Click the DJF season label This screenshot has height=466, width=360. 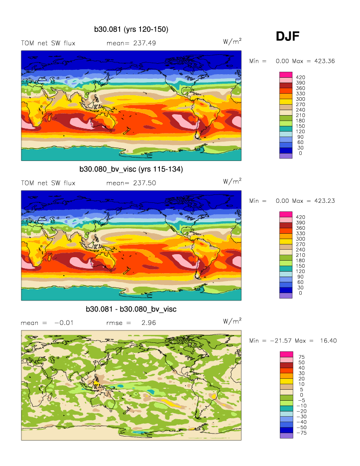[x=287, y=36]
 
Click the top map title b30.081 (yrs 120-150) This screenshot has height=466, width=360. [x=131, y=29]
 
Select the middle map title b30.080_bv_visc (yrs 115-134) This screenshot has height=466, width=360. [x=131, y=169]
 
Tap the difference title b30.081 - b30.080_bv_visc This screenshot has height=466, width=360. [x=131, y=310]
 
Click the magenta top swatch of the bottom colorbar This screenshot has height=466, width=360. [x=286, y=354]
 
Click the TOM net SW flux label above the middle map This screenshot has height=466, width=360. [x=48, y=183]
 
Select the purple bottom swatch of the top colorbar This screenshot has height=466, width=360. [x=286, y=156]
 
